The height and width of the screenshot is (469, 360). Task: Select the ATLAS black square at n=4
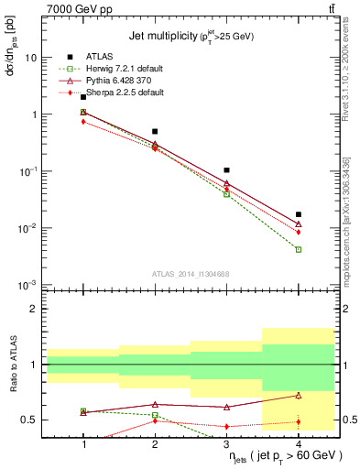coord(299,214)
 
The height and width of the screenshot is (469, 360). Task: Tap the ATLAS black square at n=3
coord(226,170)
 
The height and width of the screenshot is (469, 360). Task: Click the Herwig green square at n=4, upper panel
coord(299,249)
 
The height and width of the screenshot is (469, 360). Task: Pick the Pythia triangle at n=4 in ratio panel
coord(299,396)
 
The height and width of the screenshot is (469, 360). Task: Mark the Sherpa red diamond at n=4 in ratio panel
coord(299,422)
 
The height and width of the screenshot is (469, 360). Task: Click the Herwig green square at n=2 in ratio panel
coord(155,415)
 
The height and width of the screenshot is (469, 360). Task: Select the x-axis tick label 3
coord(226,444)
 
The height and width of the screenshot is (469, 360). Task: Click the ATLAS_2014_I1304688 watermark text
coord(191,274)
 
